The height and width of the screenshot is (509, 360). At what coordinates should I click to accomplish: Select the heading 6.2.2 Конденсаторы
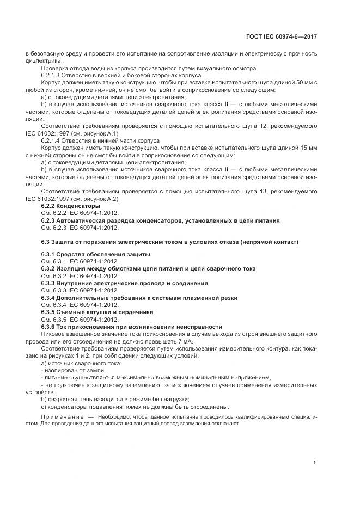coord(71,207)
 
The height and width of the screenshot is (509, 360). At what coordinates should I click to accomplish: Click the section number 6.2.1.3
coord(53,75)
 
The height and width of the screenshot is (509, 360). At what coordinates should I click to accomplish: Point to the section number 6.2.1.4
coord(53,140)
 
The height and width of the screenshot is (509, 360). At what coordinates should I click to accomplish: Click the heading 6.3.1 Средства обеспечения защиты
coord(95,255)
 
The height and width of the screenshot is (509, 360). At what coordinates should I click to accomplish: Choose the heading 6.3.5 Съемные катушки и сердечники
coord(97,312)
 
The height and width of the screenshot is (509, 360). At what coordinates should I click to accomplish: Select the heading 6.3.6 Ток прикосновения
coord(112,326)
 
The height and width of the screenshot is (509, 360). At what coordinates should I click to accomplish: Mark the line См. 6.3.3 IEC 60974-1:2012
coord(80,290)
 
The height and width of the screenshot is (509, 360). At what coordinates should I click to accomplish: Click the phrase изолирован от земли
coord(69,369)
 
